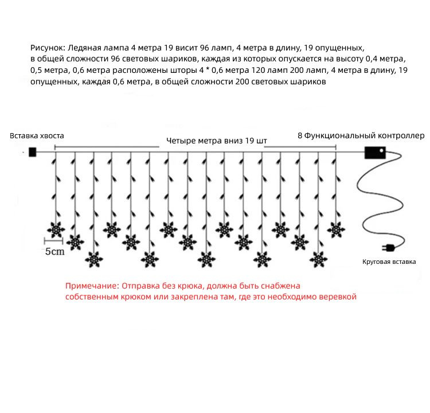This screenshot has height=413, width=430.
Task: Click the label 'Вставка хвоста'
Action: click(x=37, y=136)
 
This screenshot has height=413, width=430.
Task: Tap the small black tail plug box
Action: click(x=32, y=152)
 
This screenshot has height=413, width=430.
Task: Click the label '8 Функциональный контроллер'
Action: click(x=361, y=136)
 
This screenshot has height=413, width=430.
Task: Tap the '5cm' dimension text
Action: click(x=55, y=252)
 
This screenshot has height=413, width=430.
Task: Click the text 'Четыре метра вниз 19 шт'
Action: click(x=217, y=140)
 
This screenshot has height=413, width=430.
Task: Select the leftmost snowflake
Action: click(x=56, y=229)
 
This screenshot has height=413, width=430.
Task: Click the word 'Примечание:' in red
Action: click(x=89, y=286)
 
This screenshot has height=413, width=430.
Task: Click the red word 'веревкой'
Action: click(x=338, y=297)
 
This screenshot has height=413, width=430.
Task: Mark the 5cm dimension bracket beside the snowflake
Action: click(x=53, y=241)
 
